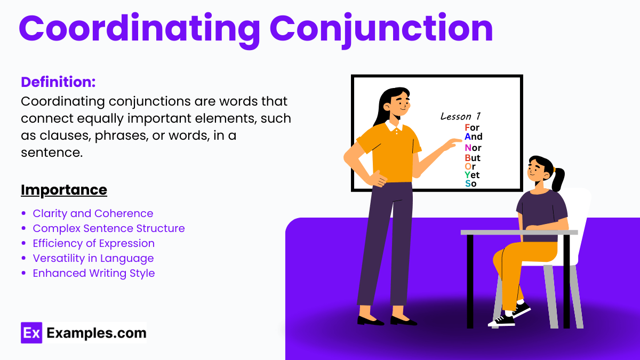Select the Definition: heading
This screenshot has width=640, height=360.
[58, 82]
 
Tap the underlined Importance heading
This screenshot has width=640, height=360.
[64, 190]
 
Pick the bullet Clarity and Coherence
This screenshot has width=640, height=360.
[93, 213]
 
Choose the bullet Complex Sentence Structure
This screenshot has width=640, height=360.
[109, 228]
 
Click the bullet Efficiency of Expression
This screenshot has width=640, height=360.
[93, 243]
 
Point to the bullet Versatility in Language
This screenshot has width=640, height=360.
[93, 258]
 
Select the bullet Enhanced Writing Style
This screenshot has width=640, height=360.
[94, 273]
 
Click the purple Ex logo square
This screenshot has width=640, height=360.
[31, 333]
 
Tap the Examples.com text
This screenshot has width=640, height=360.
[97, 333]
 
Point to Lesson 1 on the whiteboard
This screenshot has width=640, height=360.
[460, 116]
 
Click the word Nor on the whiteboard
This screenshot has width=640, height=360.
[473, 148]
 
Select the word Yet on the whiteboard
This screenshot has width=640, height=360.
[472, 175]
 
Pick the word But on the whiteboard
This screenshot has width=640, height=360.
[473, 158]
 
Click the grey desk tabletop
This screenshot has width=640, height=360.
[518, 232]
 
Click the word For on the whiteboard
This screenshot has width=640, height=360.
[472, 127]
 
